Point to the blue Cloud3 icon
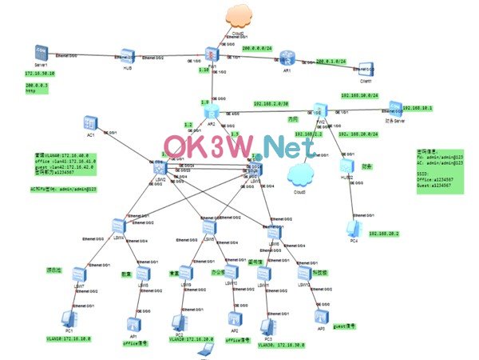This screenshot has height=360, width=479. point(299,174)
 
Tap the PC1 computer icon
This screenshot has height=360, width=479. point(68,319)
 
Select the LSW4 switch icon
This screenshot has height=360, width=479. point(119,226)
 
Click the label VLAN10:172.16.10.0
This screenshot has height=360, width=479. point(68,339)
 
